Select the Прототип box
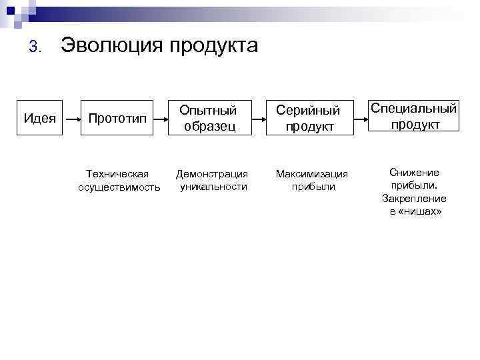[118, 118]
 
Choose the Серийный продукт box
[309, 118]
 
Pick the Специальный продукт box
[414, 116]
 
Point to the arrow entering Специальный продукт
[360, 118]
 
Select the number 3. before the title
[36, 47]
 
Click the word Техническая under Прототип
[118, 174]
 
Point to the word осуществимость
[119, 187]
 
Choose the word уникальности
[213, 187]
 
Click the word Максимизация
[312, 174]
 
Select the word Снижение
[414, 173]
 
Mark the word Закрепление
[414, 199]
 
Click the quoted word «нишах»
[421, 211]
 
